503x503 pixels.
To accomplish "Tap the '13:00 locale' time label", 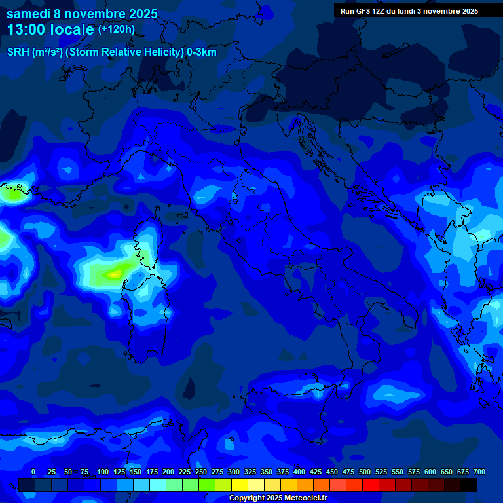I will [x=50, y=29].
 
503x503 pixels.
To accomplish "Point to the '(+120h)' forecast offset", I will [x=116, y=29].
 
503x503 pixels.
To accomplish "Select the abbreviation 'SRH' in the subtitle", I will [x=19, y=52].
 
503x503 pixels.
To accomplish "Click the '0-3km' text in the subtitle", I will [x=202, y=52].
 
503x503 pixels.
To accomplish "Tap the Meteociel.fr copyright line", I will [x=278, y=498].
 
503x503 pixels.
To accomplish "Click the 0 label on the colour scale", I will [x=33, y=472].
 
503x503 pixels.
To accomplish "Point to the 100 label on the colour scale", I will [x=102, y=472].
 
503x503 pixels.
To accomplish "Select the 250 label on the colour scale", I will [x=200, y=472].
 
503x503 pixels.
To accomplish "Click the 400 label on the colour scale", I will [x=299, y=472].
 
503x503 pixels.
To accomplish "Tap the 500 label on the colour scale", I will [x=365, y=472].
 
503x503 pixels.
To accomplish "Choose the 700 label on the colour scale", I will [x=479, y=472].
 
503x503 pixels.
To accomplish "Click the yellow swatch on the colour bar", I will [x=240, y=485].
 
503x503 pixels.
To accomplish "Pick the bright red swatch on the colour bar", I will [x=371, y=485].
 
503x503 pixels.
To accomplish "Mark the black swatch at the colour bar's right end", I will [x=469, y=485].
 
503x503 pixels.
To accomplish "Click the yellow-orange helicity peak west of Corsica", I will [x=115, y=273].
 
